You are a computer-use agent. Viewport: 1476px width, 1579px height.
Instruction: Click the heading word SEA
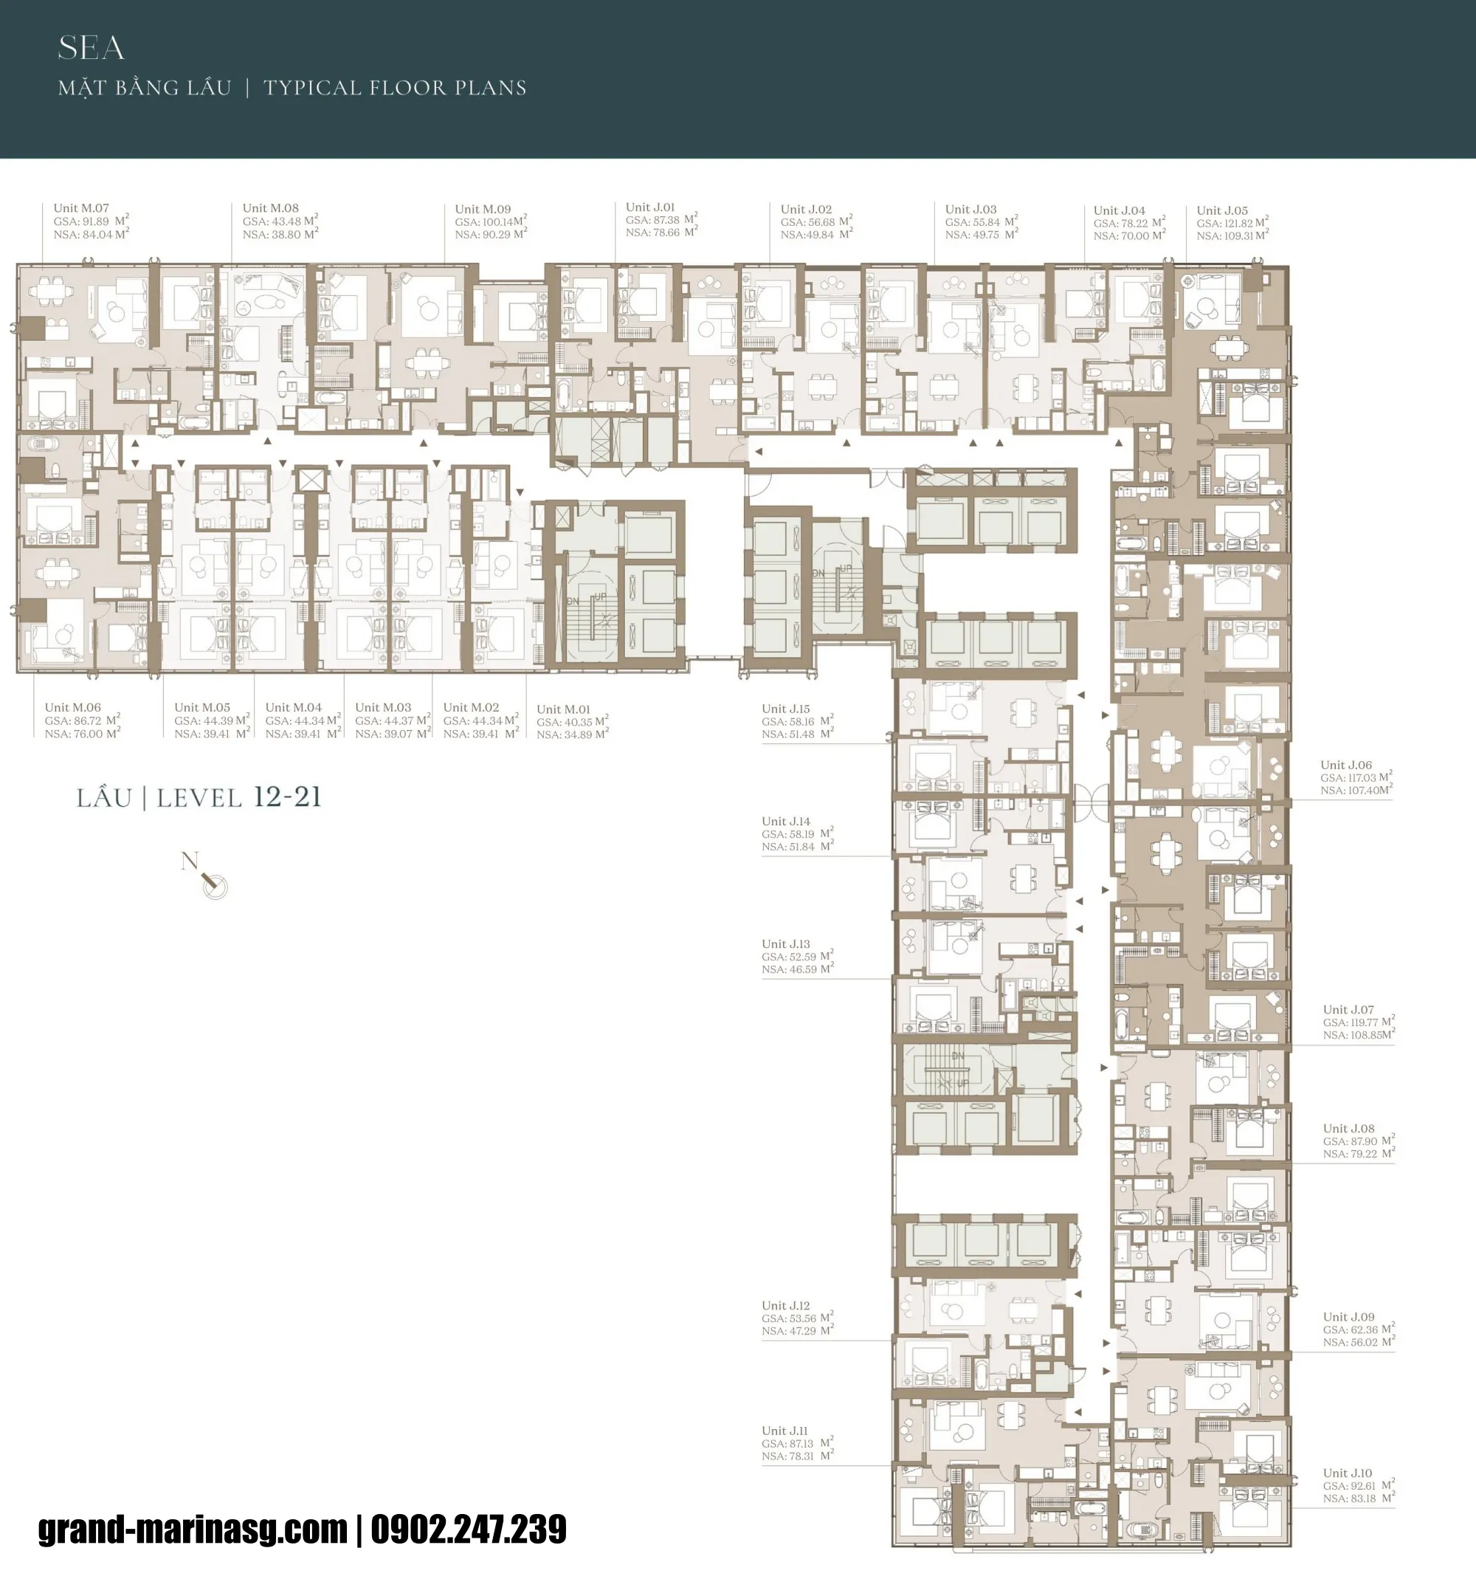[92, 49]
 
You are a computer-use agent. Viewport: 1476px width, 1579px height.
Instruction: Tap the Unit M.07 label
[81, 208]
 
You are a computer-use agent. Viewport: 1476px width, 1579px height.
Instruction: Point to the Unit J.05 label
[1222, 210]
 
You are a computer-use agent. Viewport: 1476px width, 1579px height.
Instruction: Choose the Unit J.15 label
[785, 709]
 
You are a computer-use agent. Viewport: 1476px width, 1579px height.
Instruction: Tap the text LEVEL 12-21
[238, 797]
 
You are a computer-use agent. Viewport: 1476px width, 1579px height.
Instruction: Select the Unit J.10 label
[1347, 1473]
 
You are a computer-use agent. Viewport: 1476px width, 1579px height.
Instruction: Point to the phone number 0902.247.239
[469, 1530]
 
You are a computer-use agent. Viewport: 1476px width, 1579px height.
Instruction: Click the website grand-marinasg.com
[193, 1530]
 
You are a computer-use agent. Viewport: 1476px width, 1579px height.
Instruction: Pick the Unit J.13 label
[785, 943]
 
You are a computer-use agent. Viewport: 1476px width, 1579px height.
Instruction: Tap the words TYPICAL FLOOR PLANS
[395, 88]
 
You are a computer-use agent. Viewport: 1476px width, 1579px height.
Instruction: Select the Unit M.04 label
[293, 707]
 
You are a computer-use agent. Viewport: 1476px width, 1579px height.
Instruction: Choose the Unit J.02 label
[806, 210]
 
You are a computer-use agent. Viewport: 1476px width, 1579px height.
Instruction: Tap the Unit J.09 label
[1348, 1317]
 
